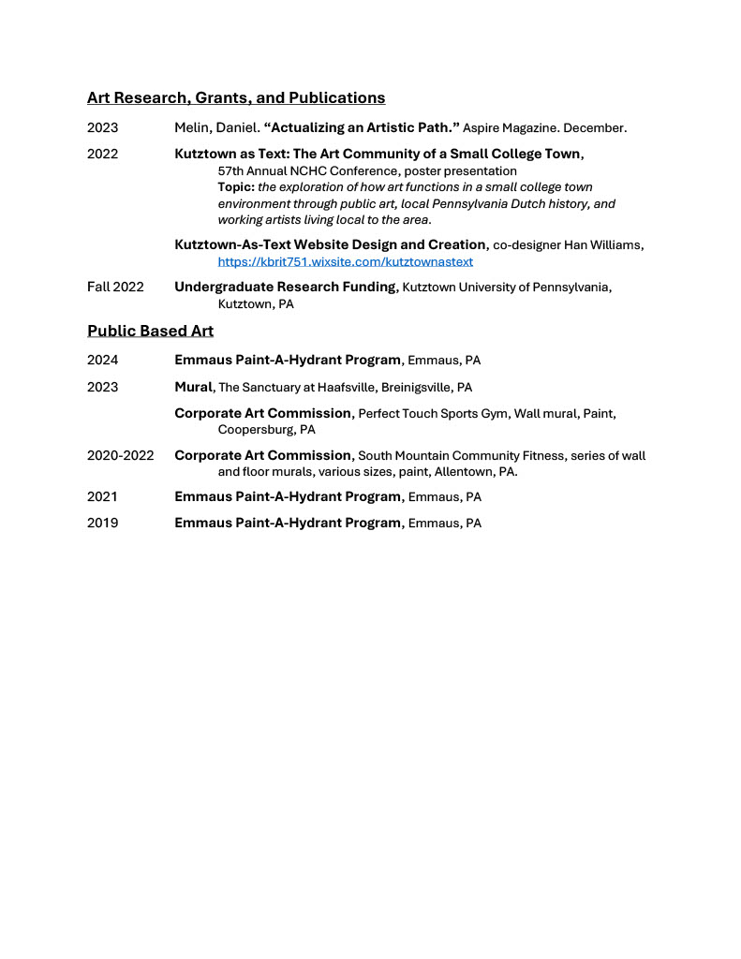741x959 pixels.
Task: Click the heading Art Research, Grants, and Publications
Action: (x=236, y=97)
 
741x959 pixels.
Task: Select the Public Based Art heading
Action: (x=150, y=331)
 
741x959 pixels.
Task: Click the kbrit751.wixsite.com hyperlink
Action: (x=345, y=262)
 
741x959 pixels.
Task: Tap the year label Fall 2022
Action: (x=115, y=287)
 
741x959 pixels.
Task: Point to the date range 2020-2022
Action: (x=120, y=456)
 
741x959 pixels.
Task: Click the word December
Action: (x=595, y=127)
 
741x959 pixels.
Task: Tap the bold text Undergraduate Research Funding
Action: (x=286, y=287)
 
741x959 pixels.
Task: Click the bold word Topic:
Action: (x=236, y=187)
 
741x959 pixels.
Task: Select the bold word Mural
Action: (x=194, y=387)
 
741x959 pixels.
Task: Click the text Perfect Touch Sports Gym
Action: (x=434, y=413)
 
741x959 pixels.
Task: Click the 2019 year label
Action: (x=103, y=524)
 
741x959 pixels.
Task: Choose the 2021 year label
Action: (x=103, y=497)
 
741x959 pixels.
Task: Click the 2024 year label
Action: (x=103, y=361)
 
